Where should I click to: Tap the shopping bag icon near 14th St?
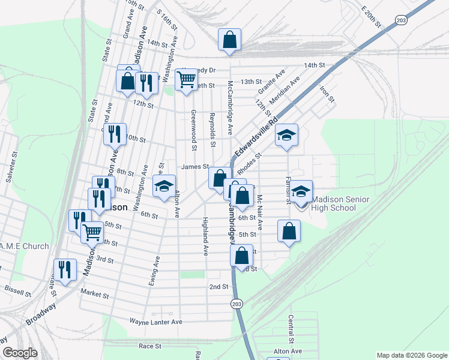pyautogui.click(x=229, y=40)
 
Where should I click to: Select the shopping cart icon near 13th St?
pyautogui.click(x=187, y=79)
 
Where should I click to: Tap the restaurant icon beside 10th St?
pyautogui.click(x=115, y=134)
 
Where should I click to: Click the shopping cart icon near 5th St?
pyautogui.click(x=92, y=232)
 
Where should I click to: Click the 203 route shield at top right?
pyautogui.click(x=402, y=20)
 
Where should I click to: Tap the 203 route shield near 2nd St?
pyautogui.click(x=238, y=303)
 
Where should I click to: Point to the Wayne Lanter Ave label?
pyautogui.click(x=155, y=322)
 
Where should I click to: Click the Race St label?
pyautogui.click(x=150, y=346)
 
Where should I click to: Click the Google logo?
pyautogui.click(x=20, y=352)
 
